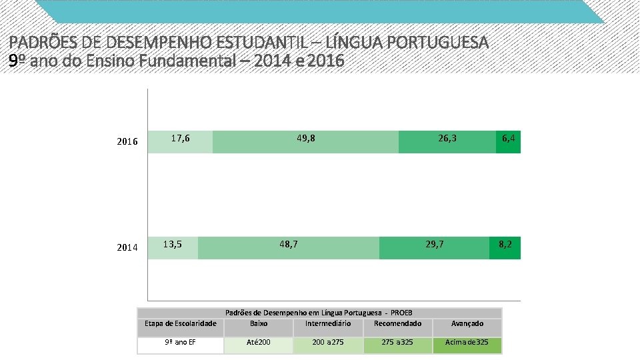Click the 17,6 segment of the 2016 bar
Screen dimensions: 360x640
coord(180,142)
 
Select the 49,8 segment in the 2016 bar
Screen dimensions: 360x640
coord(305,142)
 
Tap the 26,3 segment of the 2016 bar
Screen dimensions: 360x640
coord(447,142)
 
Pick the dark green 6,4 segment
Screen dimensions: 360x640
coord(509,142)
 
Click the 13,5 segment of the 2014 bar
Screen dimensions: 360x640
coord(173,247)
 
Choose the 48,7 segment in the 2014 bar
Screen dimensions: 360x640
coord(289,247)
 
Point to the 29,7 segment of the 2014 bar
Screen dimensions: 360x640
coord(434,247)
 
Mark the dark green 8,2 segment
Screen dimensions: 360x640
coord(505,247)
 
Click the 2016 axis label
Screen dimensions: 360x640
coord(127,142)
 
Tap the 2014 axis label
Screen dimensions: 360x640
coord(127,248)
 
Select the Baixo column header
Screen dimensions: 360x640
coord(259,324)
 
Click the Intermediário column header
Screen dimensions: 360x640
coord(328,324)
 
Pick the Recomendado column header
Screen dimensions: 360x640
coord(397,324)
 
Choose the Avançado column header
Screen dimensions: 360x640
coord(467,324)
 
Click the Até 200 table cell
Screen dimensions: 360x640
coord(259,343)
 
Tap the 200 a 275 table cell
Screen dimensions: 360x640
coord(328,343)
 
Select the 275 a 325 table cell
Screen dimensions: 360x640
coord(397,343)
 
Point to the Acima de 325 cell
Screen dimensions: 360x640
coord(467,343)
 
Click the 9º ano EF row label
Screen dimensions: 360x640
coord(180,343)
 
